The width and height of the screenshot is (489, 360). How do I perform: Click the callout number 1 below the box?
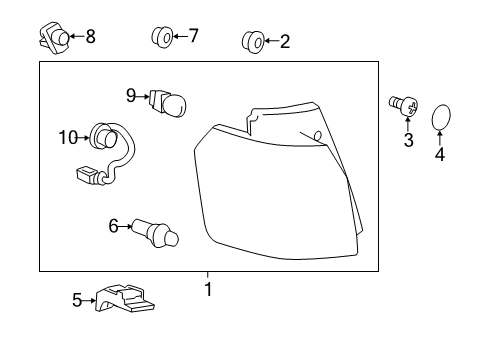pyautogui.click(x=208, y=290)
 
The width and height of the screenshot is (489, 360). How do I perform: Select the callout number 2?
pyautogui.click(x=285, y=41)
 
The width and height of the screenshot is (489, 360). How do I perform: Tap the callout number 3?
pyautogui.click(x=408, y=140)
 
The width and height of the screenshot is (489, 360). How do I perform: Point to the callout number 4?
pyautogui.click(x=440, y=155)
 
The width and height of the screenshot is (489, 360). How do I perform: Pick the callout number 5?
pyautogui.click(x=77, y=298)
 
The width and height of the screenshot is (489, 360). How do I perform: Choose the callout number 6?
pyautogui.click(x=113, y=226)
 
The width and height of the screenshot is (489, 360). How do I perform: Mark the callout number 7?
pyautogui.click(x=193, y=37)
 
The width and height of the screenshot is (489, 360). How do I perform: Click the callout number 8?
pyautogui.click(x=90, y=37)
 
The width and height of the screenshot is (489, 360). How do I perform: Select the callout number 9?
pyautogui.click(x=131, y=95)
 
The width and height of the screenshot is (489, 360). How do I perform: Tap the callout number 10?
pyautogui.click(x=68, y=137)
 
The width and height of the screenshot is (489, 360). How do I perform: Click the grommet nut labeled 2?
pyautogui.click(x=253, y=41)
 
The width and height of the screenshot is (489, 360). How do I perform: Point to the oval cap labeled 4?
pyautogui.click(x=441, y=120)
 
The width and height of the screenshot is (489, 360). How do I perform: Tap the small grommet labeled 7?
pyautogui.click(x=160, y=38)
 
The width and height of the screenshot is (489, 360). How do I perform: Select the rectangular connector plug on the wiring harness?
pyautogui.click(x=87, y=177)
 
